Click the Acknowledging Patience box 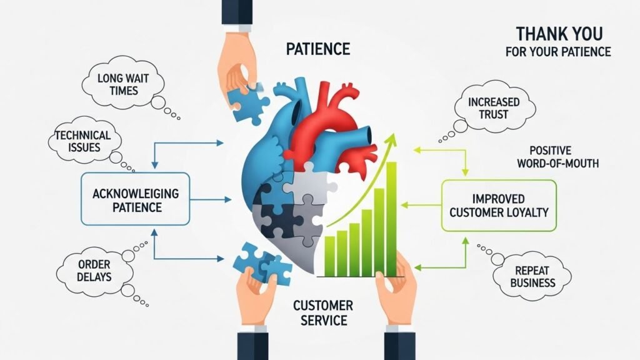(135, 199)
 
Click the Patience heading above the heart (317, 49)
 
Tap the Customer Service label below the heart (322, 312)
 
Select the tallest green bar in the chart (391, 218)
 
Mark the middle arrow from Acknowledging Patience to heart (210, 200)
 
